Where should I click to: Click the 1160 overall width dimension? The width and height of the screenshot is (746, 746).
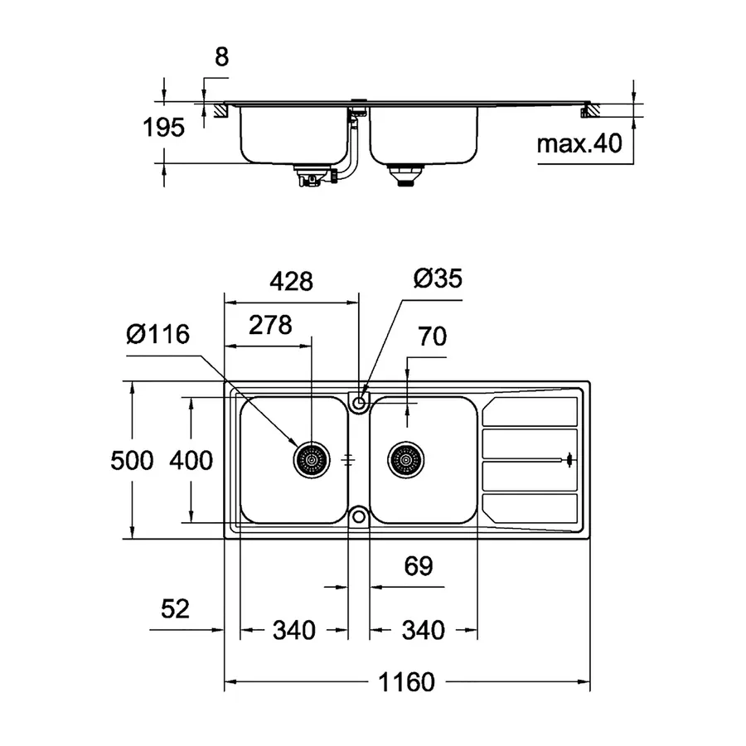click(407, 682)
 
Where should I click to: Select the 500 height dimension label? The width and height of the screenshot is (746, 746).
click(133, 460)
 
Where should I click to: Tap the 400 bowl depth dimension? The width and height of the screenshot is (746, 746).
click(191, 460)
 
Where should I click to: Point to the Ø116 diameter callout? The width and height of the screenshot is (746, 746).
click(158, 336)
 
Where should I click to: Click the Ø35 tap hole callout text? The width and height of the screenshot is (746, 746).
click(437, 279)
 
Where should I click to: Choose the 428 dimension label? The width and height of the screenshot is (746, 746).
click(291, 282)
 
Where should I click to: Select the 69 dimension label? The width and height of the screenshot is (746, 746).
click(419, 566)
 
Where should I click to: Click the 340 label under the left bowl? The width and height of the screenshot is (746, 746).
click(293, 631)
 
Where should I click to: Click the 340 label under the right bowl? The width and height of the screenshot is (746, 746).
click(424, 631)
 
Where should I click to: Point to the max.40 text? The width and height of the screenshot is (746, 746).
click(579, 144)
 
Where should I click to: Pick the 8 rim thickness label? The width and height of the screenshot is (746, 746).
click(220, 57)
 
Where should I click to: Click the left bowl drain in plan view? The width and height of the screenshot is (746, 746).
click(312, 458)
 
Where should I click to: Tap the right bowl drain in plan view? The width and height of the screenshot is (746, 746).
click(406, 458)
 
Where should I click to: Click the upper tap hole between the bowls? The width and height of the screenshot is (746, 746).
click(359, 403)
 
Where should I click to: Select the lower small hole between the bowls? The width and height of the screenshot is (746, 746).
click(359, 516)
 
